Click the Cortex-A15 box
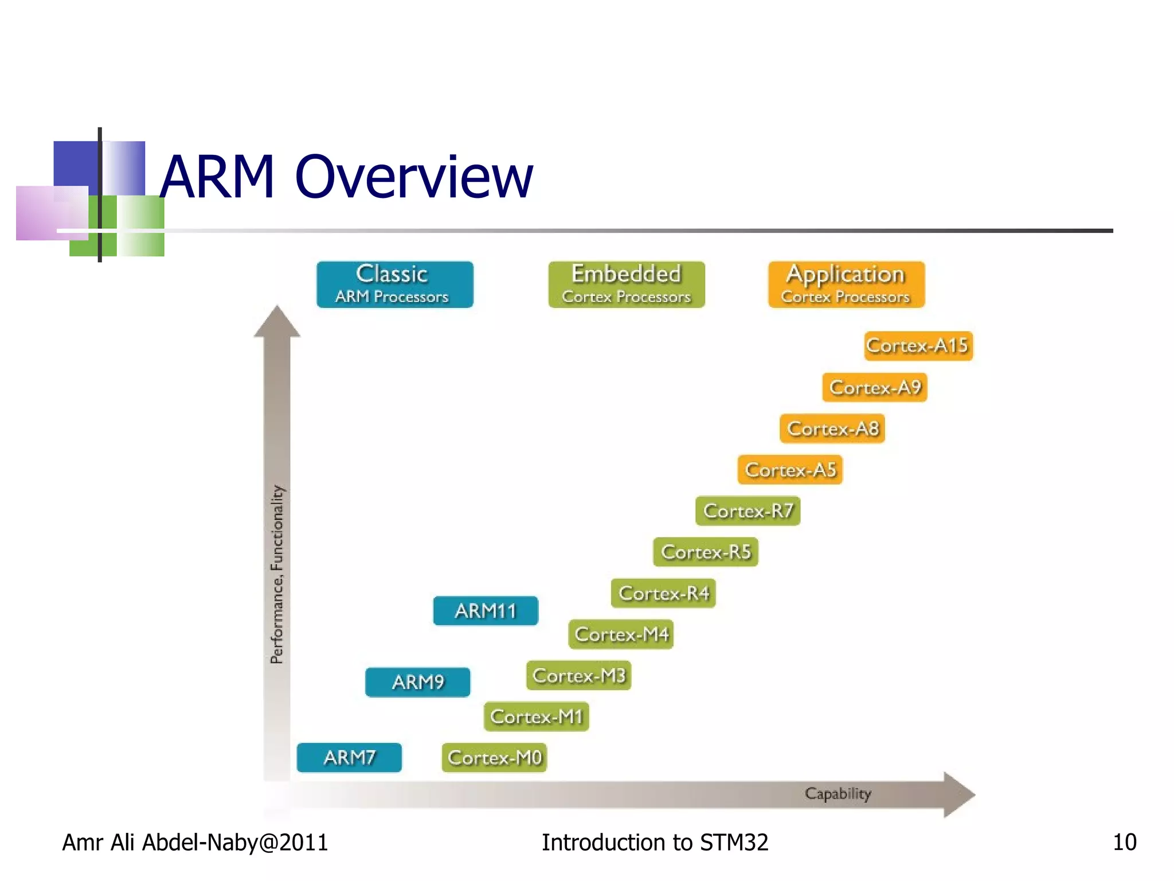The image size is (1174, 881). pyautogui.click(x=918, y=346)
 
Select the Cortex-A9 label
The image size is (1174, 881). pyautogui.click(x=874, y=388)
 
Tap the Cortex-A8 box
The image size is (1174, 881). pyautogui.click(x=832, y=429)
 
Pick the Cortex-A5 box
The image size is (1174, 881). pyautogui.click(x=789, y=470)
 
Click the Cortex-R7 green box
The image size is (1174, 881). pyautogui.click(x=748, y=511)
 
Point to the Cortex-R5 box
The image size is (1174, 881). pyautogui.click(x=705, y=552)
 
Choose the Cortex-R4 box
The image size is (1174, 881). pyautogui.click(x=663, y=594)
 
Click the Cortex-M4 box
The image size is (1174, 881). pyautogui.click(x=621, y=635)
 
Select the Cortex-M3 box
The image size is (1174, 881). pyautogui.click(x=578, y=676)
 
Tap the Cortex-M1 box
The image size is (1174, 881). pyautogui.click(x=536, y=717)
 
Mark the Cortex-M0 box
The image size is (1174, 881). pyautogui.click(x=494, y=758)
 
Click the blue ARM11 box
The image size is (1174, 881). pyautogui.click(x=486, y=611)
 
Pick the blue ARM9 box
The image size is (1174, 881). pyautogui.click(x=417, y=683)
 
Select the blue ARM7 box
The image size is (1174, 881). pyautogui.click(x=349, y=758)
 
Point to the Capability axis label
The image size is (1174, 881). pyautogui.click(x=838, y=794)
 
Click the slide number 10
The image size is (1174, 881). pyautogui.click(x=1124, y=843)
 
